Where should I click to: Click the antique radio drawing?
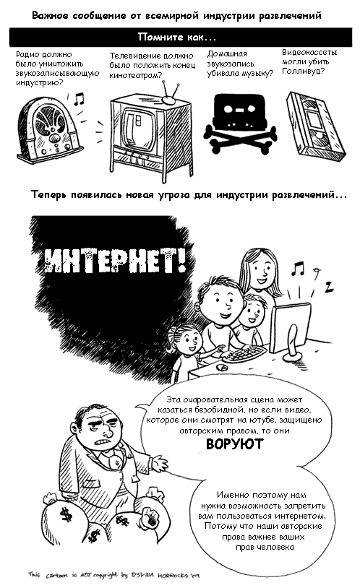tap(48, 129)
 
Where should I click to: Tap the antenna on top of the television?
tap(169, 92)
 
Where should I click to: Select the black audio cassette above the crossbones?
tap(240, 111)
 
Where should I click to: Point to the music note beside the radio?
tap(79, 99)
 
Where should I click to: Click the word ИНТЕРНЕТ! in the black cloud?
tap(115, 260)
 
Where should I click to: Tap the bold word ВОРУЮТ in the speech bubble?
tap(235, 444)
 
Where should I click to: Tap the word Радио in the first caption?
tap(26, 55)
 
